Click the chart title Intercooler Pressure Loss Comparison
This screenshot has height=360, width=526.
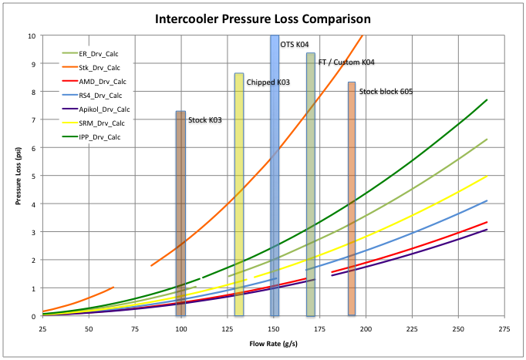pos(262,18)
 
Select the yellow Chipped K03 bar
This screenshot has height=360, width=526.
pos(239,193)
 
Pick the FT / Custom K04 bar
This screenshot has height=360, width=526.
pos(310,184)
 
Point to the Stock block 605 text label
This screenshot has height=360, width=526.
pos(386,92)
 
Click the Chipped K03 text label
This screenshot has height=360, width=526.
pos(268,82)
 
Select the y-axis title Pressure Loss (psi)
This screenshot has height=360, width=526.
pos(16,176)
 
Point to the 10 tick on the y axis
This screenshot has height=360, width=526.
pos(31,35)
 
